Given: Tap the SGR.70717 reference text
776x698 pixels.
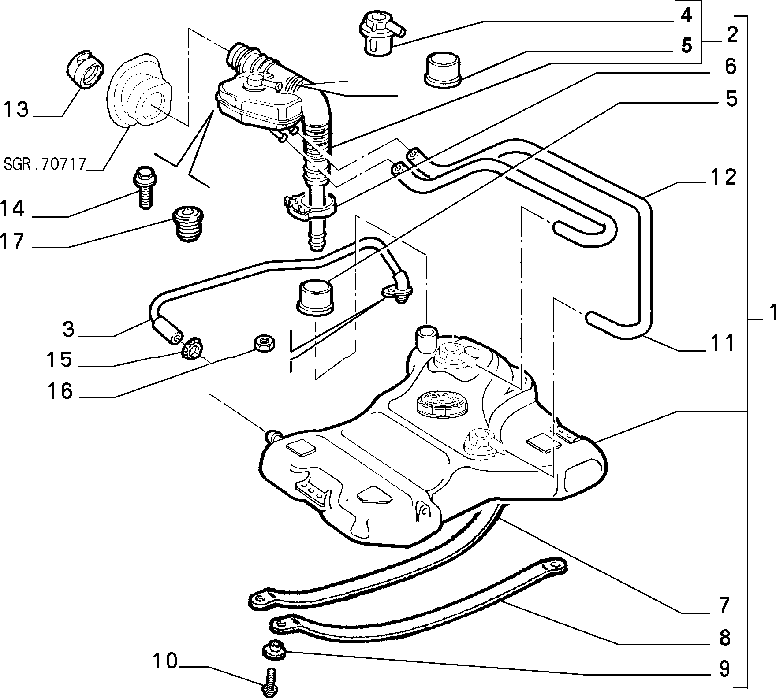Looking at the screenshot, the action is (x=45, y=164).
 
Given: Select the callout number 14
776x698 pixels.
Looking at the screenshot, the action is (x=12, y=208).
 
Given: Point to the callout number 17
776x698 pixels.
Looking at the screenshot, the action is (x=12, y=241).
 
